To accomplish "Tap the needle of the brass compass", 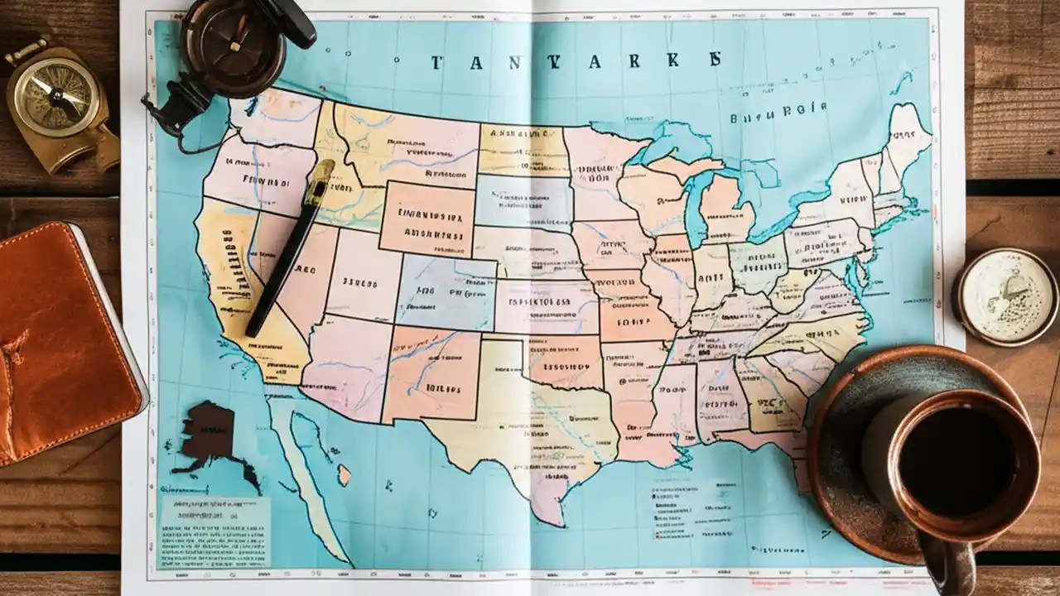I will pyautogui.click(x=56, y=92).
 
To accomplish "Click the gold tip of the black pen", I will pyautogui.click(x=319, y=182).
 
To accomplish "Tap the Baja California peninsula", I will pyautogui.click(x=306, y=472).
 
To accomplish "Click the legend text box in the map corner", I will pyautogui.click(x=214, y=531).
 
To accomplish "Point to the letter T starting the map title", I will pyautogui.click(x=436, y=61).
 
